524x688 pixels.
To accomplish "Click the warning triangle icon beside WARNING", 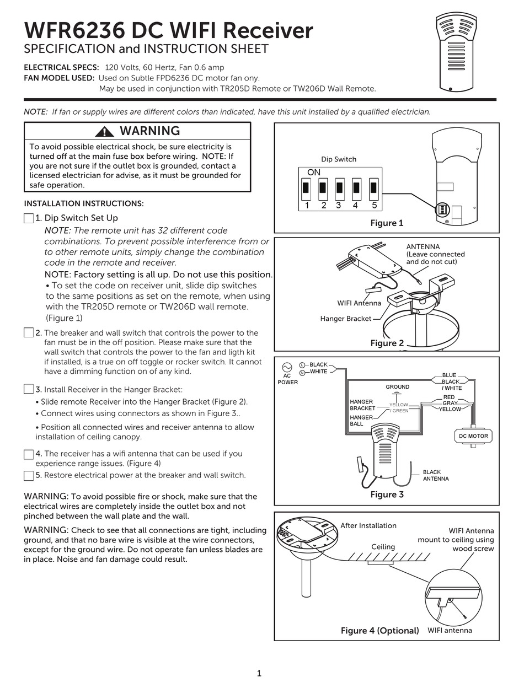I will point(104,131).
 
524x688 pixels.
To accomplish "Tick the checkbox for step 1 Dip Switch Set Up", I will point(29,218).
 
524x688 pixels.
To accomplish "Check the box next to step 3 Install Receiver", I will point(29,389).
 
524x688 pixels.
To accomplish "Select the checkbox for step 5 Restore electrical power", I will point(29,475).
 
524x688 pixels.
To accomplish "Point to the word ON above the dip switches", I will point(314,173).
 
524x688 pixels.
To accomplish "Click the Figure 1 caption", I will point(387,223).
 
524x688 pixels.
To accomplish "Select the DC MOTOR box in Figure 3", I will point(473,436).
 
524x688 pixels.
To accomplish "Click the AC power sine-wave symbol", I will point(287,367).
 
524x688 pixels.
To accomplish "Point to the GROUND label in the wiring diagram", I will point(397,387).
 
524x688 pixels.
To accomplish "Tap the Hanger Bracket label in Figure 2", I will point(346,319).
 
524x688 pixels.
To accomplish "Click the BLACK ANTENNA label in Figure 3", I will point(436,475).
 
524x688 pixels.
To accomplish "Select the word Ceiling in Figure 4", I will point(383,547).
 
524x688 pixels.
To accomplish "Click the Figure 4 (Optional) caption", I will point(379,631).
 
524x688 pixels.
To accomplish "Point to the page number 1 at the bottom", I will point(259,673).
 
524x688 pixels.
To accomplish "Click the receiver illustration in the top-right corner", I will point(455,52).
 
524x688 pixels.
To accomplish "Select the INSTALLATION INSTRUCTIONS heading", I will point(84,203).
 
